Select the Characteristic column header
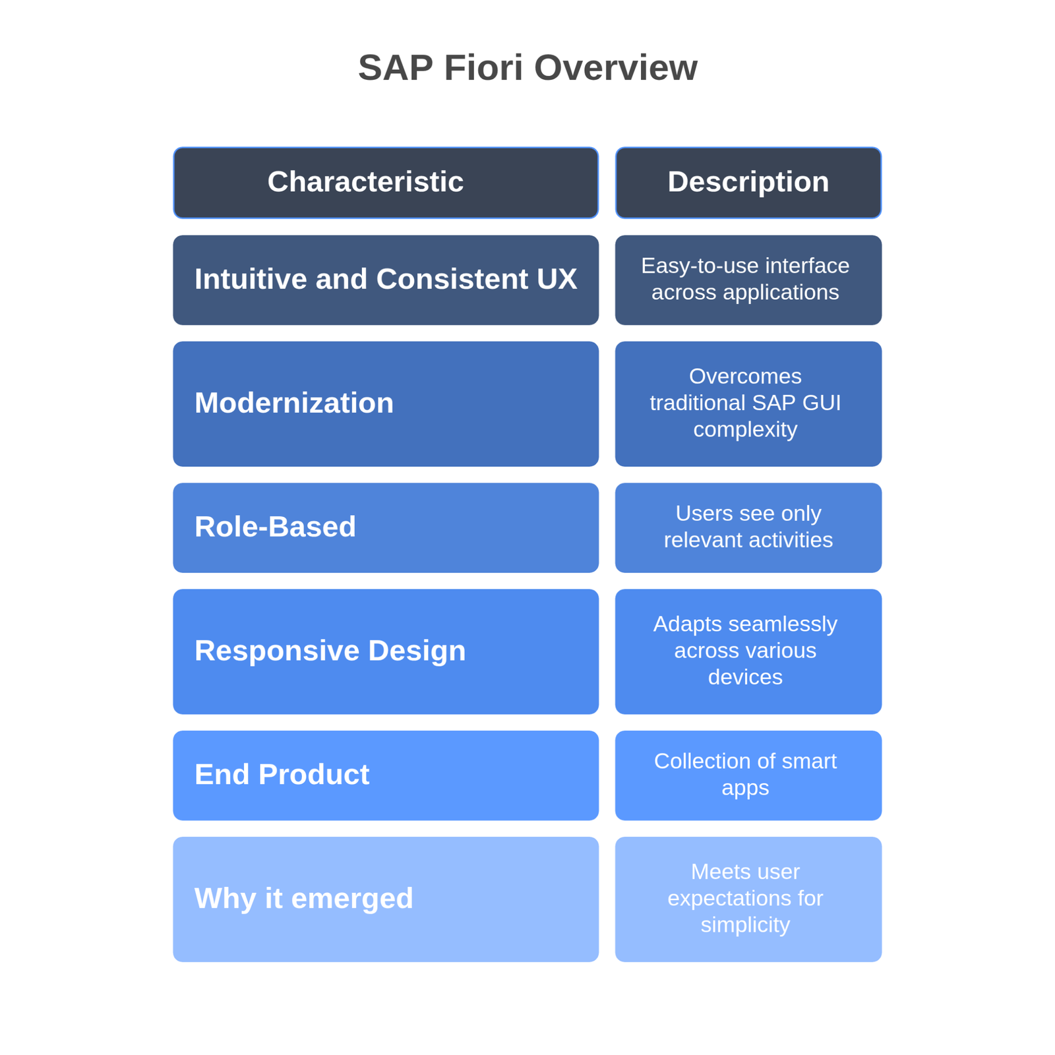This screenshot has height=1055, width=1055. coord(386,183)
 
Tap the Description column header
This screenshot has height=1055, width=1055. coord(748,183)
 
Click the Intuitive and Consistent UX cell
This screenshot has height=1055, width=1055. coord(386,280)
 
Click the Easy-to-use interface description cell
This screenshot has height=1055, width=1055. coord(748,280)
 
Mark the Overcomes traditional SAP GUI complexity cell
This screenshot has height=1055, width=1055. coord(748,404)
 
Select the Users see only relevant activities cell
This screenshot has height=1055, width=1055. coord(748,527)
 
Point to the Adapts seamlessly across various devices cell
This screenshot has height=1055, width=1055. coord(748,651)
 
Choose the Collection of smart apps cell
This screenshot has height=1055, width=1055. coord(748,775)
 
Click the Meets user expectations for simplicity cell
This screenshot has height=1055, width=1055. coord(748,899)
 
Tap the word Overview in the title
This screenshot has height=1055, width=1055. coord(615,68)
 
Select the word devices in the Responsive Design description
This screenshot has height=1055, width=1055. coord(745,677)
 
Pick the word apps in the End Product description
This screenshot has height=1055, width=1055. coord(745,789)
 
